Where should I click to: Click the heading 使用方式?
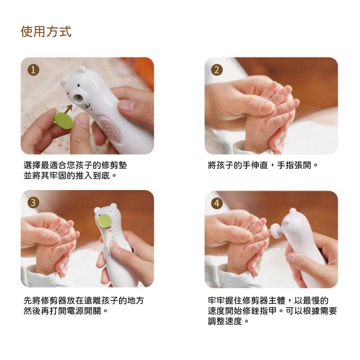click(x=46, y=31)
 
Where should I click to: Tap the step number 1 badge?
click(x=33, y=70)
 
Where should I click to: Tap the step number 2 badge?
click(x=217, y=70)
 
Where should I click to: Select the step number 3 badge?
click(x=33, y=203)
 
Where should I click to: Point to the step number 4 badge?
click(x=217, y=203)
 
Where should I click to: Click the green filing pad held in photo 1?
click(x=64, y=121)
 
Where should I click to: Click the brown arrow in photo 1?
click(x=68, y=109)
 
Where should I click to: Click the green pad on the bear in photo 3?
click(x=104, y=221)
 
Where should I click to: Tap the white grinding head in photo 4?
click(x=276, y=231)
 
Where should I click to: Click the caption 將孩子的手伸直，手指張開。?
click(x=263, y=165)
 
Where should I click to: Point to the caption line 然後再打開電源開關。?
click(x=66, y=311)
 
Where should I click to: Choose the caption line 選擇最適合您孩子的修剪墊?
click(x=75, y=165)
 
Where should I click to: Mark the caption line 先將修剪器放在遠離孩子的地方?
click(x=84, y=300)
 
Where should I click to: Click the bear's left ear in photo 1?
click(x=64, y=84)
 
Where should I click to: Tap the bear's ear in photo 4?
click(x=293, y=211)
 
